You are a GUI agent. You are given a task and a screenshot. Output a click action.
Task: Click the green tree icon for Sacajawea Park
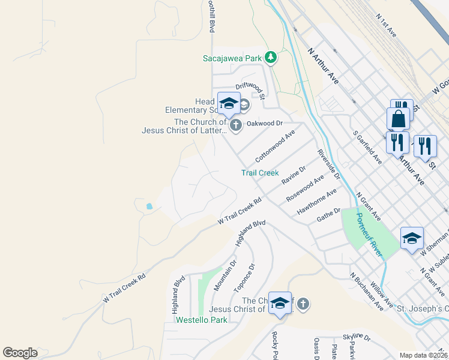(x=271, y=58)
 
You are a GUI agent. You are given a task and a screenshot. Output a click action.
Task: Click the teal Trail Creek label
(x=260, y=173)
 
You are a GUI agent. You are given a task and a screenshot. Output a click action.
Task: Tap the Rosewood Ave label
(x=305, y=188)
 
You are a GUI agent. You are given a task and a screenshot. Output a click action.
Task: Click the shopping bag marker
(x=398, y=119)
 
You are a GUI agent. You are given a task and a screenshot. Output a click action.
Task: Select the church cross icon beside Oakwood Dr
(x=235, y=125)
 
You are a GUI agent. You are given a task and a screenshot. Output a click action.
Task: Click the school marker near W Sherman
(x=412, y=238)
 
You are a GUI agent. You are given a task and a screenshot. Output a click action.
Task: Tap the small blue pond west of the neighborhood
(x=148, y=206)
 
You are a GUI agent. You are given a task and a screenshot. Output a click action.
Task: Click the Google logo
(x=20, y=353)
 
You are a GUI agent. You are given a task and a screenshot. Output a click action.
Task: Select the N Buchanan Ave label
(x=367, y=293)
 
